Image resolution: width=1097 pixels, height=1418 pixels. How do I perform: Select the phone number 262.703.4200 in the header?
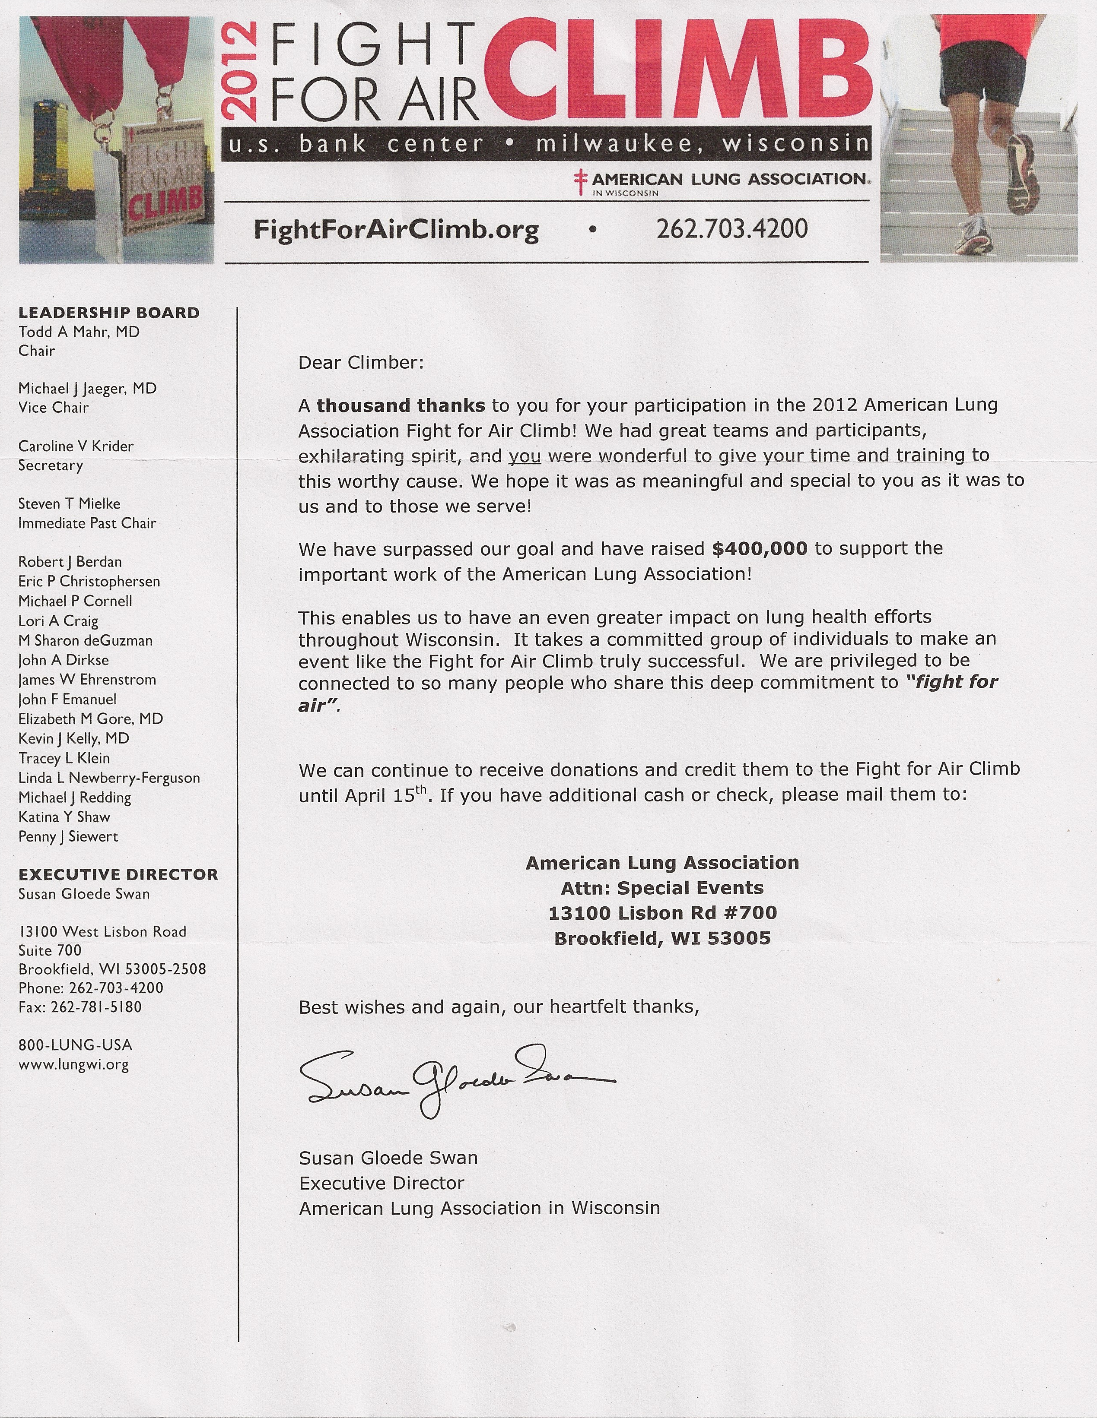(732, 228)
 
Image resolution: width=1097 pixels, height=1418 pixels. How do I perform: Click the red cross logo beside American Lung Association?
(580, 182)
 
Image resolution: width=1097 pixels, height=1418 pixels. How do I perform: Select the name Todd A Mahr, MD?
(79, 332)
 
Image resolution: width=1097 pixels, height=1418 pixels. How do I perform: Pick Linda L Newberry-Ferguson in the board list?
(109, 778)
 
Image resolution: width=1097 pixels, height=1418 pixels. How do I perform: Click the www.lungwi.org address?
(73, 1065)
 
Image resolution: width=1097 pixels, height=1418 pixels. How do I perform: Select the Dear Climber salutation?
(360, 362)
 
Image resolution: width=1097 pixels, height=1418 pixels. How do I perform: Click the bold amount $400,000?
(759, 549)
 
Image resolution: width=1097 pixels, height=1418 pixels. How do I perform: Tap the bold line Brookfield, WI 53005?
(662, 938)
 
